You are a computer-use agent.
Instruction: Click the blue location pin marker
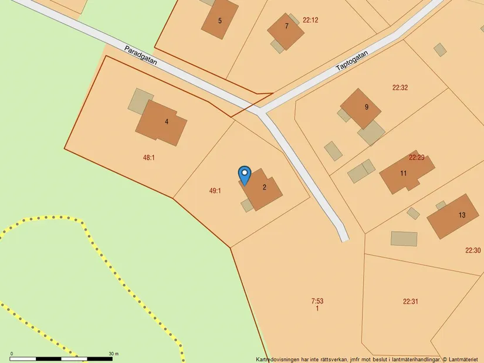[x=245, y=175]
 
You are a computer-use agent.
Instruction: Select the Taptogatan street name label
[x=352, y=62]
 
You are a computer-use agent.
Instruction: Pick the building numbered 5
[x=220, y=20]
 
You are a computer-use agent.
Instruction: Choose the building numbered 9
[x=361, y=107]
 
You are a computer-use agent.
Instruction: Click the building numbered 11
[x=405, y=172]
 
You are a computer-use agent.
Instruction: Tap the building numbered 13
[x=453, y=216]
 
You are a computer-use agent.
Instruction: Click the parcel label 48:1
[x=149, y=157]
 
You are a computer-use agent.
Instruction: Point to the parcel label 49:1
[x=215, y=191]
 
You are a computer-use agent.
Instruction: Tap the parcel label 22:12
[x=310, y=20]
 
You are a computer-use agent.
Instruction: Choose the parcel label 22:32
[x=400, y=88]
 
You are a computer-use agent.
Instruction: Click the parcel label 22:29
[x=417, y=157]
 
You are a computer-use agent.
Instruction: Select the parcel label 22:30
[x=473, y=250]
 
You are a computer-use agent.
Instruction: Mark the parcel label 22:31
[x=411, y=301]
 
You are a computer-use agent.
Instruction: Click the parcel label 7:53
[x=317, y=301]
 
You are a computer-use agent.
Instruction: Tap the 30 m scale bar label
[x=113, y=354]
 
